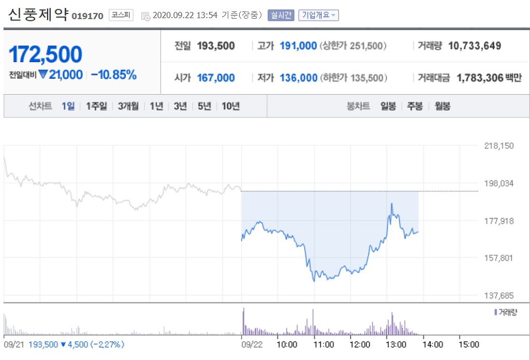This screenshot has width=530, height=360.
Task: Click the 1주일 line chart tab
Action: click(96, 106)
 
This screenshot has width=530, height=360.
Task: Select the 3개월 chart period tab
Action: click(128, 106)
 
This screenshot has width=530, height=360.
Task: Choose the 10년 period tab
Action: click(230, 106)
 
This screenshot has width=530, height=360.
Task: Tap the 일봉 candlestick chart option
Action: click(388, 106)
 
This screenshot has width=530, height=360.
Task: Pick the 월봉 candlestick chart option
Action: click(443, 106)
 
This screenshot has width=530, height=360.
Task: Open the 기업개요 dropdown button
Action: click(318, 15)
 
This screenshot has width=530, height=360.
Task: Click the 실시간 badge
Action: click(281, 15)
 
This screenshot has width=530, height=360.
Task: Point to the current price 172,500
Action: click(46, 54)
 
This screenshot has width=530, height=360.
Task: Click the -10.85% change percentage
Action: click(114, 75)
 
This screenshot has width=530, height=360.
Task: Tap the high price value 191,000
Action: click(298, 46)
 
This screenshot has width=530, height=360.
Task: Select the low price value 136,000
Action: click(298, 78)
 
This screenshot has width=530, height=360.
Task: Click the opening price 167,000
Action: click(216, 78)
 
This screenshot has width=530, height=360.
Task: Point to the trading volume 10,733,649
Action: click(475, 46)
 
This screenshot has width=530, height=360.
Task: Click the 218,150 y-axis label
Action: click(499, 146)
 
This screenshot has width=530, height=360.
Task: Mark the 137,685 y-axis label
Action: click(499, 296)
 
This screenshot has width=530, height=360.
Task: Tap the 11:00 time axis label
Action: click(323, 344)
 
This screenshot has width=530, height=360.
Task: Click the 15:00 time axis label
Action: click(469, 344)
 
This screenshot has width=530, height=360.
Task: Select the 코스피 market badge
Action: click(121, 15)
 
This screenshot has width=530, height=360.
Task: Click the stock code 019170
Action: click(88, 16)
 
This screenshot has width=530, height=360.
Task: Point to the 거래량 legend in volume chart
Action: click(506, 312)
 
